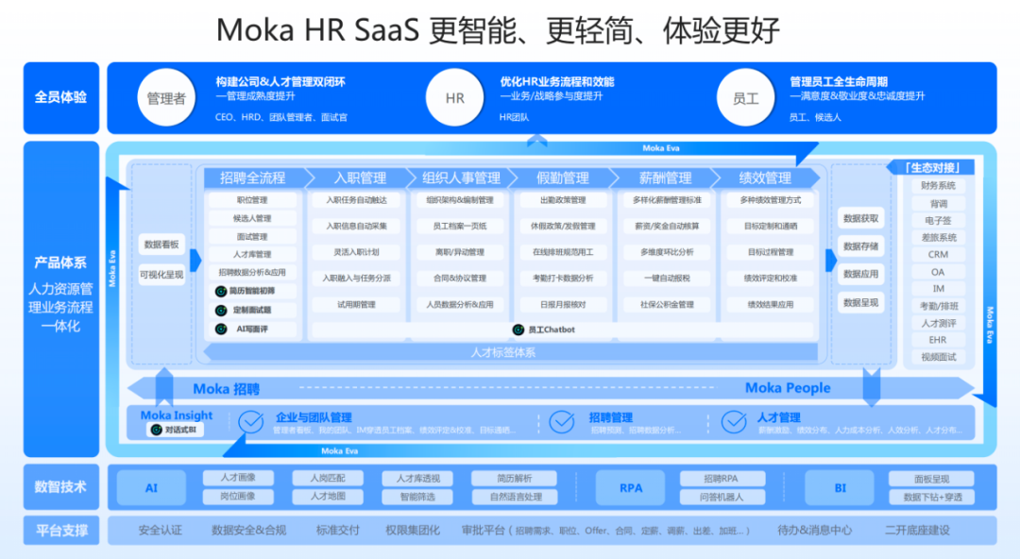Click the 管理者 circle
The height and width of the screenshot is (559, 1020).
point(166,98)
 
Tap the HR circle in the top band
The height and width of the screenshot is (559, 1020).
point(454,98)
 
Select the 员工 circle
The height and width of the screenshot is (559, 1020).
point(745,98)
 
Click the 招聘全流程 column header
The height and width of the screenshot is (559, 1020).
point(252,178)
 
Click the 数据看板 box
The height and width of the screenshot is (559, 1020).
point(161,244)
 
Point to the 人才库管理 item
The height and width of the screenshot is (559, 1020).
point(252,254)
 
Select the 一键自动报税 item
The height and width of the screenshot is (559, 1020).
point(666,279)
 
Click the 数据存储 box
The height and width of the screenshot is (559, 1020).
point(860,246)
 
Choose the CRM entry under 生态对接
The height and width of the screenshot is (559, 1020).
point(938,254)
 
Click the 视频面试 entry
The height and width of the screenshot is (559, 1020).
point(938,357)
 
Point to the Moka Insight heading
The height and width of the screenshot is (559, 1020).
point(177,415)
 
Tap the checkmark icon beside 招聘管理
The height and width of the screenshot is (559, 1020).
point(562,421)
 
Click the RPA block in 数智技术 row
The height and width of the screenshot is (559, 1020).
point(631,488)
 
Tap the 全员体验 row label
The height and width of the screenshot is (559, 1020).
point(60,97)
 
